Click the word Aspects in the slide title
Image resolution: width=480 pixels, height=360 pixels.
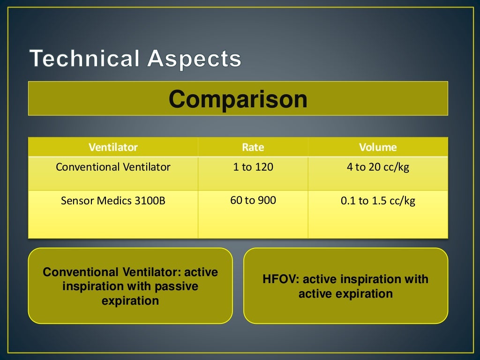[x=194, y=59]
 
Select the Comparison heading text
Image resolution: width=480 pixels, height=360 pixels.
[x=238, y=99]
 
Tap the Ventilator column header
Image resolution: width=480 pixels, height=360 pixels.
[x=113, y=147]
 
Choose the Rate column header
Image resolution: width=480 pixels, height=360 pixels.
[x=253, y=147]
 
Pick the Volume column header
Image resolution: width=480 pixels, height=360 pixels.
[x=378, y=147]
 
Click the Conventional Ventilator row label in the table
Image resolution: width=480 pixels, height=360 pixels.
[x=113, y=167]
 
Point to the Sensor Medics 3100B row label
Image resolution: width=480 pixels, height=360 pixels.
[x=113, y=201]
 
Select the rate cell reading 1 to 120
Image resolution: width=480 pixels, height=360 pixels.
[x=253, y=167]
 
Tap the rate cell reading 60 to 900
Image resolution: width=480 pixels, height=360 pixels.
[x=253, y=201]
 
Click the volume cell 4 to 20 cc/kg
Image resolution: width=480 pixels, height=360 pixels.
[x=378, y=167]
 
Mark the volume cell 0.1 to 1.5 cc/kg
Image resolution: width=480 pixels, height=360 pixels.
[x=378, y=201]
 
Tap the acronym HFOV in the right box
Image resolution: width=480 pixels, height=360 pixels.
[x=280, y=279]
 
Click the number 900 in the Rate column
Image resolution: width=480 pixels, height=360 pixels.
[x=267, y=201]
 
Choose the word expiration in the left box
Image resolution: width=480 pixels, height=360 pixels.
[x=130, y=300]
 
